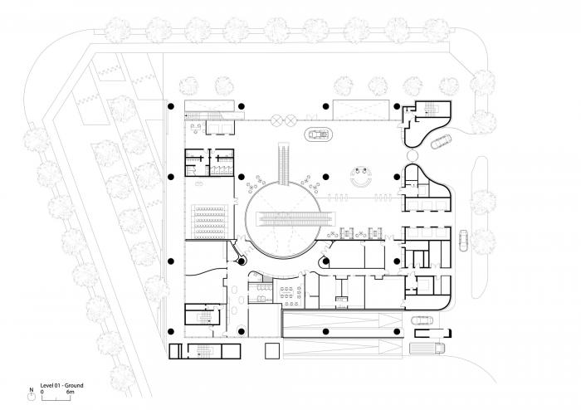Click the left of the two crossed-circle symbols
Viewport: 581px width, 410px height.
pos(276,120)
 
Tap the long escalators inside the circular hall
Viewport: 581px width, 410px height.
pos(297,220)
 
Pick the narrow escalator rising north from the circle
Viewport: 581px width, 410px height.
pos(286,164)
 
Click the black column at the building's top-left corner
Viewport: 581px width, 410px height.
pos(170,107)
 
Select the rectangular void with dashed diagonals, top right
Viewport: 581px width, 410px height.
pos(360,110)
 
